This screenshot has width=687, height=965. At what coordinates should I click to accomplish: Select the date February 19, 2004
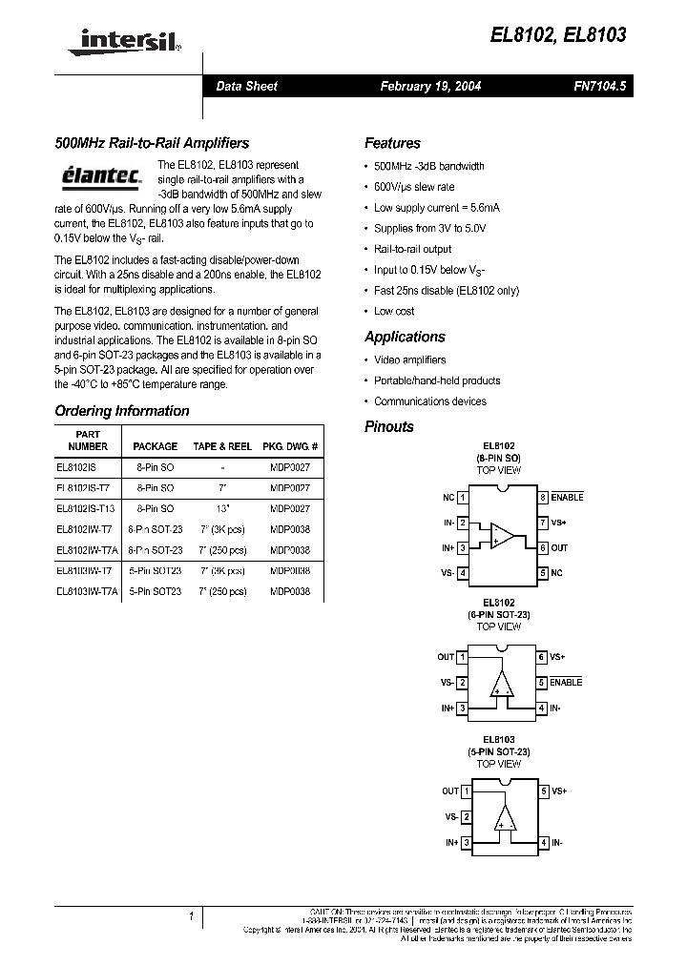(x=430, y=86)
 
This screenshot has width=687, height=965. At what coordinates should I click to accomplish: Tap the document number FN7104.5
(x=600, y=86)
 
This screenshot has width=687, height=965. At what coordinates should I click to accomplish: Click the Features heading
(x=392, y=143)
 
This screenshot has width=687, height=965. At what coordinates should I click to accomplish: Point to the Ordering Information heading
(x=122, y=411)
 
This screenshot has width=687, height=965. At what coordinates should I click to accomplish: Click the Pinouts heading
(x=389, y=426)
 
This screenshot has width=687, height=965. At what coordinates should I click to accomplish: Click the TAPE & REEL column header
(x=222, y=446)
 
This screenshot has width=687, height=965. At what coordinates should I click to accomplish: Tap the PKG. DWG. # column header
(x=290, y=446)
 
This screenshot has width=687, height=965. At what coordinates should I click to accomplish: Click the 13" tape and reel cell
(x=222, y=509)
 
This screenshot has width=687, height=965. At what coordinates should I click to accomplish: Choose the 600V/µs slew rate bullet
(x=414, y=187)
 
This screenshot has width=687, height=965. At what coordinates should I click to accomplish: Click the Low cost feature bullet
(x=394, y=311)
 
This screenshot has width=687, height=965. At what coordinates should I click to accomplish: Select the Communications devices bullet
(x=430, y=401)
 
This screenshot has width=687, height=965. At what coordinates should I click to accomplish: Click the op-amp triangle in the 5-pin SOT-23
(x=502, y=816)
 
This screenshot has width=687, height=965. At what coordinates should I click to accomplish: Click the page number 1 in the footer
(x=192, y=916)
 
